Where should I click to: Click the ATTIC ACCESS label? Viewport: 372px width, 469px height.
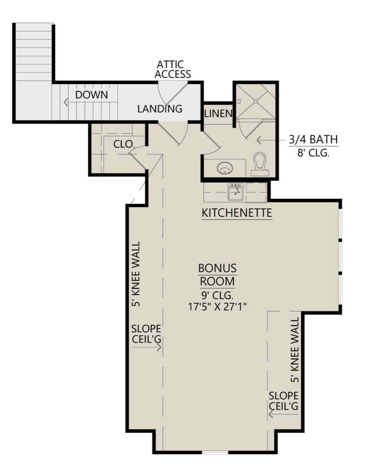173,69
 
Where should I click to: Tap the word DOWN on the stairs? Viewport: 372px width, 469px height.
91,95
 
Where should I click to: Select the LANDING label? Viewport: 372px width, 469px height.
160,109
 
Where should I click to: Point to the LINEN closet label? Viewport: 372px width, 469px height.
218,114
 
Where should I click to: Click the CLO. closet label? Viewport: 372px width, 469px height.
123,144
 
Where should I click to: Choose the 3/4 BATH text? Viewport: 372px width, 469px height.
313,139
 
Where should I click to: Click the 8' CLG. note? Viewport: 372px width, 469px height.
313,153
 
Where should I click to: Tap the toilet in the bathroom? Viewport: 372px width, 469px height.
260,164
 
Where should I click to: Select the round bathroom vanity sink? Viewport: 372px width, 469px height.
225,168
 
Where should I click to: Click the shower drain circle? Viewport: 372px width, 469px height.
256,101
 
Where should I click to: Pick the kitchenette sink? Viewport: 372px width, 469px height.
236,192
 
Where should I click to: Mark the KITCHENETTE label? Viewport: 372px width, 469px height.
237,213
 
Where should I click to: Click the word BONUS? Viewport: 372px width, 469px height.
218,268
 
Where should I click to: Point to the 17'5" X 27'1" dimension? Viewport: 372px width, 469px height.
218,307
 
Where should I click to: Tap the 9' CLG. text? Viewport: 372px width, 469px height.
218,295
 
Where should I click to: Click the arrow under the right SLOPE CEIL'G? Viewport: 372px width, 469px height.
283,414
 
